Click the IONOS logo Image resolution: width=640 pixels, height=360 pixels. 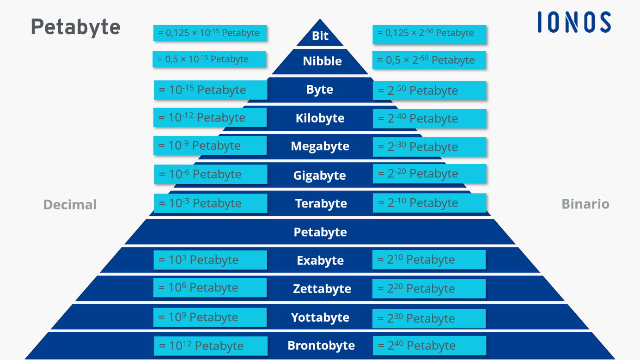click(x=574, y=22)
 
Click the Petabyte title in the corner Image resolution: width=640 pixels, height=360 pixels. click(x=76, y=27)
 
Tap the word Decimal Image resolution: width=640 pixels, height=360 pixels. click(x=70, y=205)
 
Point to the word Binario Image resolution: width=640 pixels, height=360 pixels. click(x=585, y=204)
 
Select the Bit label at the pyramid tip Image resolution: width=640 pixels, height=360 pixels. click(x=320, y=36)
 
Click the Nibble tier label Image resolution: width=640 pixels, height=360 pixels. click(x=322, y=61)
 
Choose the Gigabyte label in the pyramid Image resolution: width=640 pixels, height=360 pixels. click(x=319, y=176)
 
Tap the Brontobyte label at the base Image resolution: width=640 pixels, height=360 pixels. click(x=321, y=346)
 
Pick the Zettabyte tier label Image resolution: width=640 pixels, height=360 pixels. click(x=322, y=289)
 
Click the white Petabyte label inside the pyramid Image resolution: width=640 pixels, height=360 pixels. click(x=320, y=232)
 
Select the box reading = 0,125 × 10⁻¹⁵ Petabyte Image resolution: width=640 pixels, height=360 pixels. click(x=210, y=33)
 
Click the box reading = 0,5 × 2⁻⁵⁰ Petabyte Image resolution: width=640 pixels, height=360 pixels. click(x=429, y=60)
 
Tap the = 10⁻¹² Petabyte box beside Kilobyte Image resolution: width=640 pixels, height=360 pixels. click(x=210, y=117)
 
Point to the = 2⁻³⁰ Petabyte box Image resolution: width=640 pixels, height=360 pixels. click(x=429, y=147)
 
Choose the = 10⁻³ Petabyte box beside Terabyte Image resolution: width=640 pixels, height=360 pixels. click(x=210, y=203)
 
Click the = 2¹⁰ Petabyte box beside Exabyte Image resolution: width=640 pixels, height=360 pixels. click(x=428, y=260)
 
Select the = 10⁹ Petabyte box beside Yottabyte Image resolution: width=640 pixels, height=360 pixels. click(x=210, y=317)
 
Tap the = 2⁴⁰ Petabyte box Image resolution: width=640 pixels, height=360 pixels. click(x=429, y=346)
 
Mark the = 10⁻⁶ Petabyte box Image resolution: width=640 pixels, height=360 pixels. click(x=210, y=174)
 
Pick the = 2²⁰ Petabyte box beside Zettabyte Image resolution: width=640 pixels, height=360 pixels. click(x=428, y=289)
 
